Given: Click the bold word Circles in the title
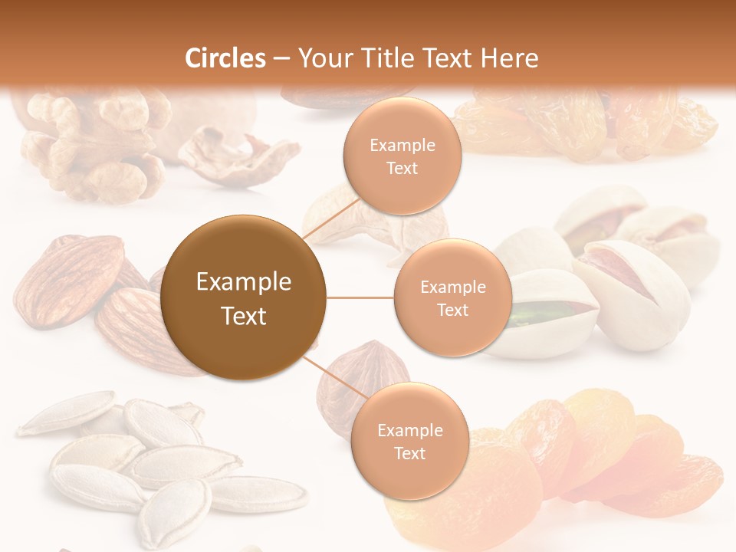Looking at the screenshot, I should click(225, 58).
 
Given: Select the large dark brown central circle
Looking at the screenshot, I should click(244, 297).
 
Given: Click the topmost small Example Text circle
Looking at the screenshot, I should click(402, 156).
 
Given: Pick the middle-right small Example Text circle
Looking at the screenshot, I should click(452, 297).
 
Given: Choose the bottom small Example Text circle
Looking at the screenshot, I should click(409, 441).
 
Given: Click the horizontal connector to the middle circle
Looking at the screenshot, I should click(360, 297).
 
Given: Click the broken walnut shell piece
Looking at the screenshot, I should click(238, 157).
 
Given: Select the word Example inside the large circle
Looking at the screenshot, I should click(244, 282).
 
